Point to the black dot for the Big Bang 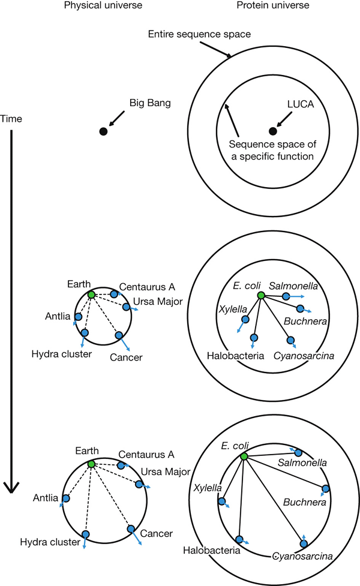tap(103, 131)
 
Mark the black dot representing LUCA tap(273, 131)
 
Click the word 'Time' tap(12, 119)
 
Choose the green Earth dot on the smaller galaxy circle tap(91, 294)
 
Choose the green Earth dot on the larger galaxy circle tap(91, 464)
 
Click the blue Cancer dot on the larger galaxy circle tap(130, 528)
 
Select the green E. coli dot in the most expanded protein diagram tap(244, 457)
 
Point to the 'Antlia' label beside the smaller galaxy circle tap(58, 315)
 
